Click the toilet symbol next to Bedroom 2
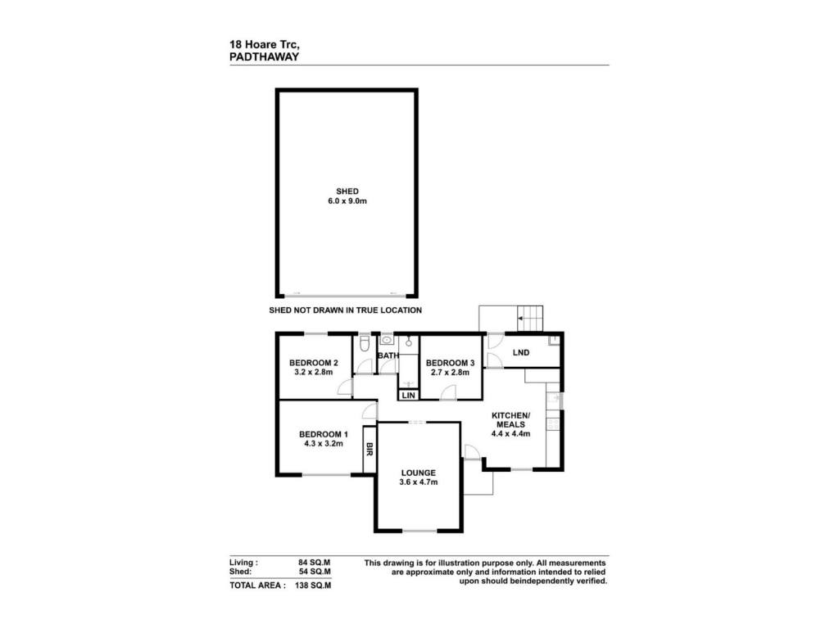coord(365,343)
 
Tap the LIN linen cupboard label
coord(408,396)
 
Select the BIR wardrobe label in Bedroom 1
coord(370,450)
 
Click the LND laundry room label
coord(520,352)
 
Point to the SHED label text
coord(347,191)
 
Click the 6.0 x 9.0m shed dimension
coord(347,201)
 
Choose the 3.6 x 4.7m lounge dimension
coord(419,482)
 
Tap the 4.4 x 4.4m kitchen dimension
coord(510,434)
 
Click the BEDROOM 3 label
coord(450,363)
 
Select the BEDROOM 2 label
coord(314,363)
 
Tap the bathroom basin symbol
coord(387,340)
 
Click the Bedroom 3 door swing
coord(448,392)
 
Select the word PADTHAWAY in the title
coord(265,57)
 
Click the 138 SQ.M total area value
coord(313,585)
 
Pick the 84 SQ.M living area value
coord(314,563)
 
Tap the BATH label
coord(388,355)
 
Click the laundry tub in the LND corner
coord(554,340)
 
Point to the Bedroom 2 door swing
coord(345,387)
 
